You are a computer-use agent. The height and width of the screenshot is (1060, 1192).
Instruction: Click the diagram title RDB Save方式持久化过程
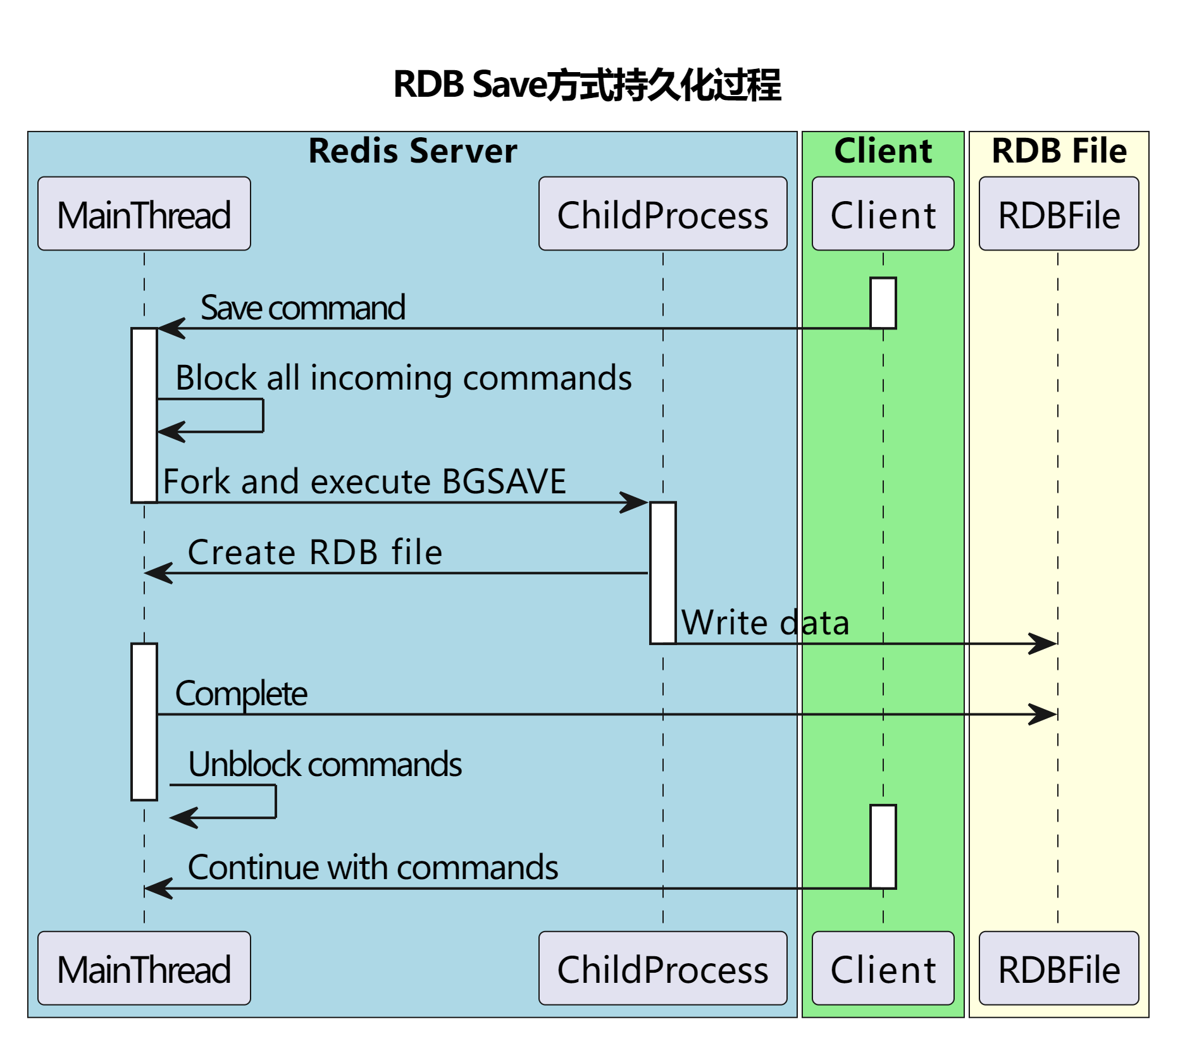(x=587, y=85)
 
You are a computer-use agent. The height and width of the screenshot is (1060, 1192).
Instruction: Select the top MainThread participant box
(x=144, y=214)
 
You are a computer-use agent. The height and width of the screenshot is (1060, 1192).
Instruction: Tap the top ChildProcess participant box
(x=663, y=214)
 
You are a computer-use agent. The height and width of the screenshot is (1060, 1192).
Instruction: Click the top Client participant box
(x=883, y=214)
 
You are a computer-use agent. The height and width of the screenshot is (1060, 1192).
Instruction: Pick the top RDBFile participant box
(x=1059, y=214)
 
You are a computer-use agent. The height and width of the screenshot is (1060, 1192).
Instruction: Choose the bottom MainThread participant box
(x=144, y=968)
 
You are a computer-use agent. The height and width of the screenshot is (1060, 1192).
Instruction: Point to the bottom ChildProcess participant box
(x=663, y=968)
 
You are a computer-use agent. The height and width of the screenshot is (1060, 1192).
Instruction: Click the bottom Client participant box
(x=883, y=968)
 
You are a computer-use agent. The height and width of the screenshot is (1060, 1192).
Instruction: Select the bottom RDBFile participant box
(x=1059, y=968)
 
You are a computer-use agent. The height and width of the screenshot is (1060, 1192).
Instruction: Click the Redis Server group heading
(x=413, y=151)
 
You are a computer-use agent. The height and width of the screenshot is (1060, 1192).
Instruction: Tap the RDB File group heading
(x=1059, y=151)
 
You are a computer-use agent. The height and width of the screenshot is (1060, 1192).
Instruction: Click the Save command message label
(x=303, y=309)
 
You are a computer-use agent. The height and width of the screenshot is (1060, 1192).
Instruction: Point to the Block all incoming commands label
(x=404, y=379)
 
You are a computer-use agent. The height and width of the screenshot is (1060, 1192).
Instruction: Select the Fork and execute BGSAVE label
(x=364, y=482)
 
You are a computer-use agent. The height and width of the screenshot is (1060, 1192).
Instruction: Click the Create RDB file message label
(x=315, y=552)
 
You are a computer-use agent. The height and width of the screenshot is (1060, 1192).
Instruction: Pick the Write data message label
(x=765, y=623)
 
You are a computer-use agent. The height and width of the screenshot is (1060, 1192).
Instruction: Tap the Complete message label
(x=241, y=694)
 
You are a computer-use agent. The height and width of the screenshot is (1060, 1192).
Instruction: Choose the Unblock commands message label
(x=325, y=765)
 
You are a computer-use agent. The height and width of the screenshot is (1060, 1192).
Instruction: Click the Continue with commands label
(x=373, y=868)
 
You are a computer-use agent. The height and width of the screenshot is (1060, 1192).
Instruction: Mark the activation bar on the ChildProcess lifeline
(x=663, y=573)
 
